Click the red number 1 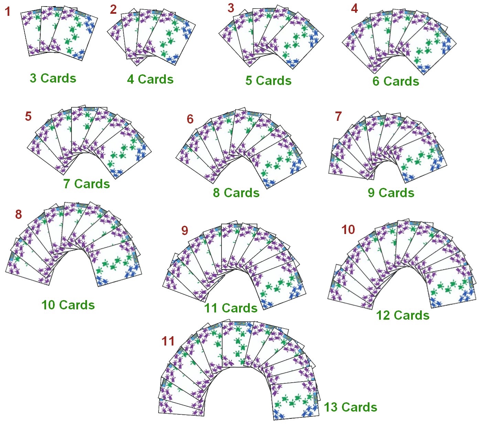8,12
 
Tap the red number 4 354,8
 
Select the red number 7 338,117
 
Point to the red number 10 348,230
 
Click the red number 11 168,341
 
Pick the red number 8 19,215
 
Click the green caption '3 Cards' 53,78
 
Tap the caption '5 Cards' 268,81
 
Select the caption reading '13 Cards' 350,407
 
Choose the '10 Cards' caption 68,305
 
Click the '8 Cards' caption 236,193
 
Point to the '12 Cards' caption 402,315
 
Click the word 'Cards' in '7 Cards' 92,184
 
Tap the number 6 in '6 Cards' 376,82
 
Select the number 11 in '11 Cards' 210,308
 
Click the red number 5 28,116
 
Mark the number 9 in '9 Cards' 371,193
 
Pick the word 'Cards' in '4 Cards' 155,79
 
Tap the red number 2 114,10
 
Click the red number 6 190,119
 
